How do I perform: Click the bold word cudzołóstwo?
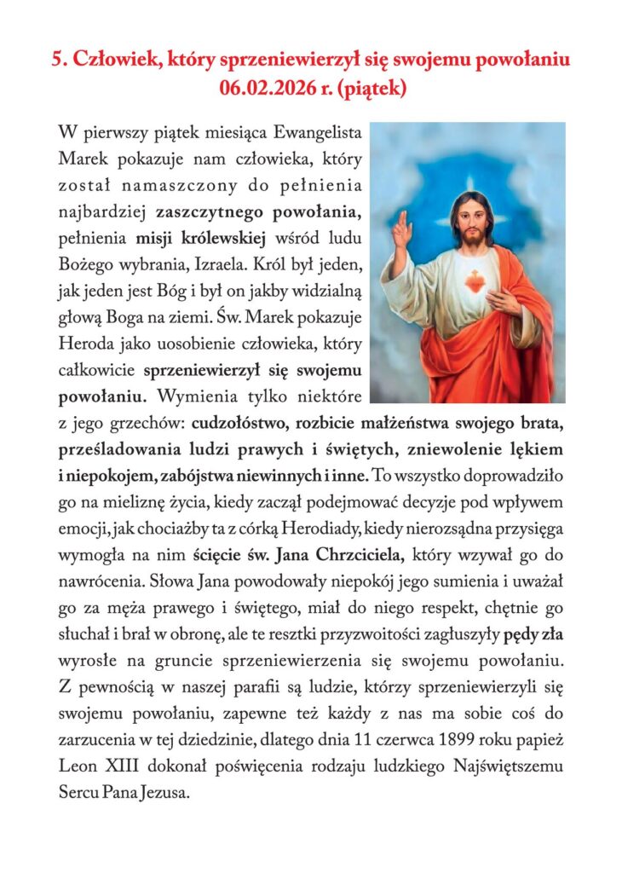click(x=241, y=421)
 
